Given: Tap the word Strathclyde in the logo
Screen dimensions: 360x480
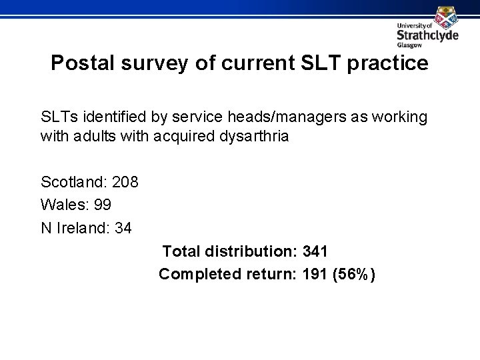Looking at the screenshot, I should [427, 35].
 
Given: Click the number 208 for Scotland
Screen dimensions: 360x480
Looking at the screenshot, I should [125, 181].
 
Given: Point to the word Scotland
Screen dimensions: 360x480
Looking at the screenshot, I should [73, 181].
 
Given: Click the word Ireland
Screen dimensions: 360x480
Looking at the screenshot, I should [83, 228].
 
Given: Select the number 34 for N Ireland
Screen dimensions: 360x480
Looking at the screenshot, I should [123, 228].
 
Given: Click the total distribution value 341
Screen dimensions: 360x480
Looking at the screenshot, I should [315, 251].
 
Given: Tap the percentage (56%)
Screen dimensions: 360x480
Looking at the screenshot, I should [357, 274].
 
